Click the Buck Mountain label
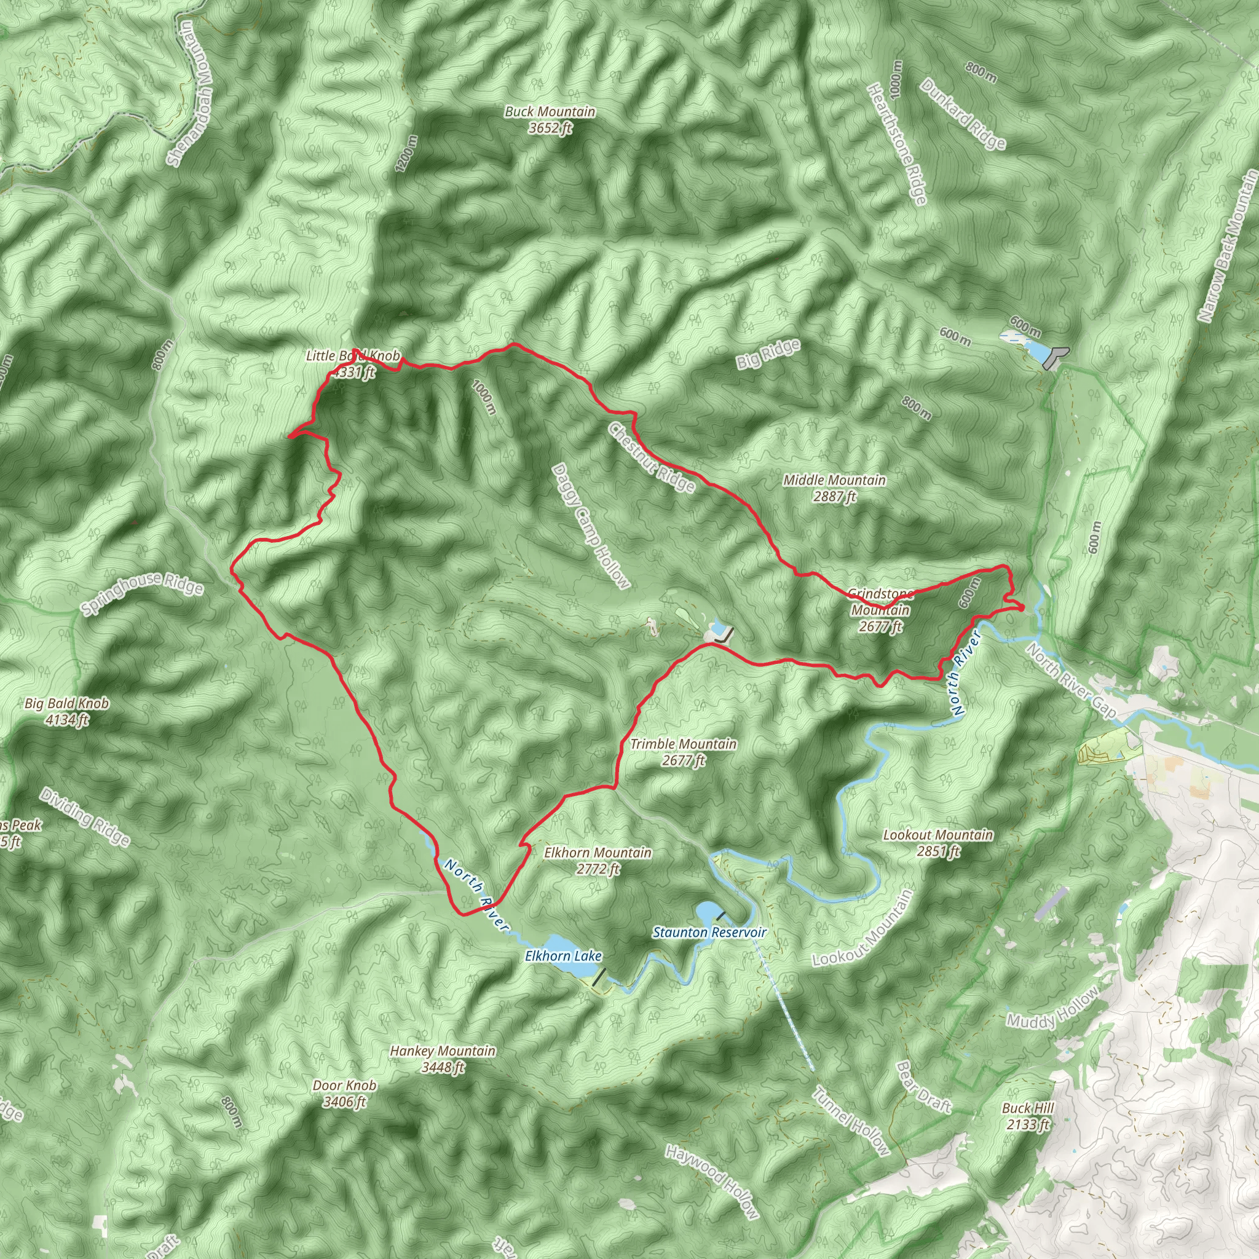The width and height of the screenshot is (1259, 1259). [x=550, y=119]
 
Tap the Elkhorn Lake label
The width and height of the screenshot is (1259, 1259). [x=563, y=956]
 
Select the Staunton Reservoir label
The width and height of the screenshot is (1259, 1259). [x=709, y=932]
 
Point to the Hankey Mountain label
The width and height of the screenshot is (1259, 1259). [x=443, y=1059]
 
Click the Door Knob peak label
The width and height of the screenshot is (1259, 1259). [x=344, y=1094]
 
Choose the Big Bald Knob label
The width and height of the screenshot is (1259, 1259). [x=66, y=711]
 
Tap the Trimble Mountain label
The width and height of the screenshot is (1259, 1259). [x=683, y=751]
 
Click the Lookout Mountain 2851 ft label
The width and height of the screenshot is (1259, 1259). [x=937, y=843]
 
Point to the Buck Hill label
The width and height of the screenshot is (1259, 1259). [x=1028, y=1116]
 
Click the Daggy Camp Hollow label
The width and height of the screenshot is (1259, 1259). [x=591, y=526]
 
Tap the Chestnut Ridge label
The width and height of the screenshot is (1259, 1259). [x=652, y=456]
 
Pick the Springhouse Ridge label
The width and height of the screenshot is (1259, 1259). [x=142, y=594]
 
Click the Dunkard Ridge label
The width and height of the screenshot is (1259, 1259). [x=963, y=114]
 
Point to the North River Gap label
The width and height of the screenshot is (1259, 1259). [x=1071, y=681]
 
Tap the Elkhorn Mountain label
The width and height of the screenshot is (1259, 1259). [x=598, y=860]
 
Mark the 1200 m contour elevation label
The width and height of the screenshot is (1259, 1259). [x=405, y=154]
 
